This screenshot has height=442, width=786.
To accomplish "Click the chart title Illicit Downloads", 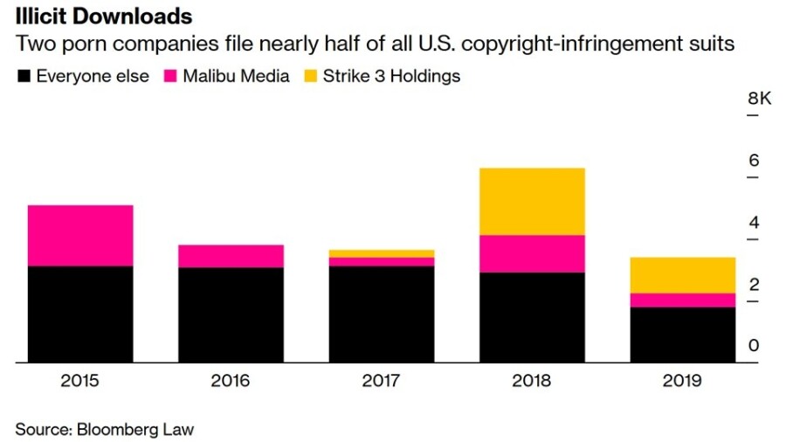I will pos(104,17).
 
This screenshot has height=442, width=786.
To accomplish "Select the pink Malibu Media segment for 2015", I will pos(80,235).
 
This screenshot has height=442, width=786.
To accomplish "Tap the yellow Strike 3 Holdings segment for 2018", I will pos(532,201).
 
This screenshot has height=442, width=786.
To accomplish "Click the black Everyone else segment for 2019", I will pos(682,335).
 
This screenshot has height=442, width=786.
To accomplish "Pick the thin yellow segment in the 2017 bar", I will pos(382,253).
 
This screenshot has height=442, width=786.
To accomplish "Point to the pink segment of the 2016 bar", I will pos(231,256).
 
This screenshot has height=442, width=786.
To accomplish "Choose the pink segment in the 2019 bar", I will pos(682,300).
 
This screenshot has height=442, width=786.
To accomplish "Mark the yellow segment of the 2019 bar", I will pos(682,275).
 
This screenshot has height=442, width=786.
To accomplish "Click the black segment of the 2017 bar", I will pos(382,314).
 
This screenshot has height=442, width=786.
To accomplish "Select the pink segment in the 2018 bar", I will pos(532,253).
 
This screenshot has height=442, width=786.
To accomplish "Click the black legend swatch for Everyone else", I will pos(24,76).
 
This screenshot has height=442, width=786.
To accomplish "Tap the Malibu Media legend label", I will pos(236,76).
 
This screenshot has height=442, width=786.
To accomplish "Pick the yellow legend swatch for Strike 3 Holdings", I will pos(310,76).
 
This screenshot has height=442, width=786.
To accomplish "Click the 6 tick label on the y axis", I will pos(754,161).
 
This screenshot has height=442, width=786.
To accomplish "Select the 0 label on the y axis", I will pos(754,346).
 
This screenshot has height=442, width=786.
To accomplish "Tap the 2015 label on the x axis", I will pos(80,381).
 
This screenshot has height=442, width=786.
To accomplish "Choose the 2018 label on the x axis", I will pos(532,381).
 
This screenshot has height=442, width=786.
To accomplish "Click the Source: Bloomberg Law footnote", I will pos(105,429).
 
